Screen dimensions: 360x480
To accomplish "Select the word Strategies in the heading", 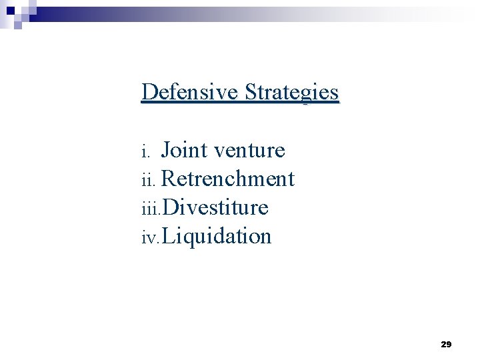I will click(291, 92).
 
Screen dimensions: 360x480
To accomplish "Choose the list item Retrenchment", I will click(227, 179).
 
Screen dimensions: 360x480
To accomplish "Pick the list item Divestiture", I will click(215, 207).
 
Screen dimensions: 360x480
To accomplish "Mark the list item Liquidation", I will click(216, 236).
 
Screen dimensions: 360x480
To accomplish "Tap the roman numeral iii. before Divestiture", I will click(151, 209).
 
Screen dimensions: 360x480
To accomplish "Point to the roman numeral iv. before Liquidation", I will click(151, 238).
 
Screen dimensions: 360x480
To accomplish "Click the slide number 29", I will click(446, 345).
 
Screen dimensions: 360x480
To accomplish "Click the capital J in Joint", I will click(166, 151).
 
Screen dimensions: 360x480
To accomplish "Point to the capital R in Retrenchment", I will click(169, 179).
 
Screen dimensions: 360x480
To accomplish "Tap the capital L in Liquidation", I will click(168, 236).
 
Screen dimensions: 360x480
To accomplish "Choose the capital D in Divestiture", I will click(169, 207).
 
